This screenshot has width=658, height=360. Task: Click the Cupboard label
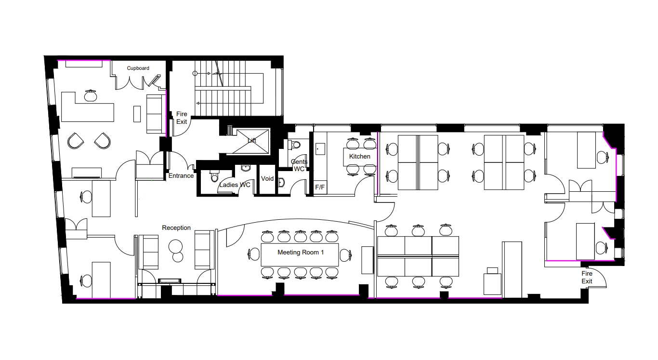[x=138, y=68]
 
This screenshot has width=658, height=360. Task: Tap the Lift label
[x=252, y=141]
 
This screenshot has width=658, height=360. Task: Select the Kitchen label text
[x=360, y=157]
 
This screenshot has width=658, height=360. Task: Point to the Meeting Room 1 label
[x=300, y=253]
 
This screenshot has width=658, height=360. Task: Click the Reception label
[x=176, y=228]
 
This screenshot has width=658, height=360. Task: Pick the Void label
[x=267, y=179]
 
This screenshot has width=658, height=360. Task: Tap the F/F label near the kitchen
[x=319, y=187]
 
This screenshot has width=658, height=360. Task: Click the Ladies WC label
[x=235, y=185]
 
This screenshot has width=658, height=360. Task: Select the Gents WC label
[x=299, y=165]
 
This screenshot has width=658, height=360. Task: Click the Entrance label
[x=181, y=176]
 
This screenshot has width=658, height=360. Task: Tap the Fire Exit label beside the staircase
[x=181, y=118]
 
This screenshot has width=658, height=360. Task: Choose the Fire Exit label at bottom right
[x=587, y=278]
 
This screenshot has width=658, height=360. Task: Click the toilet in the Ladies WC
[x=214, y=177]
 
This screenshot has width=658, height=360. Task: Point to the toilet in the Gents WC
[x=296, y=144]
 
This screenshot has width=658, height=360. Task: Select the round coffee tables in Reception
[x=176, y=250]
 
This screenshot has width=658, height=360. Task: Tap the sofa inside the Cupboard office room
[x=155, y=114]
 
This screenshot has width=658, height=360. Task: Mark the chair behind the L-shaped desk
[x=90, y=95]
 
